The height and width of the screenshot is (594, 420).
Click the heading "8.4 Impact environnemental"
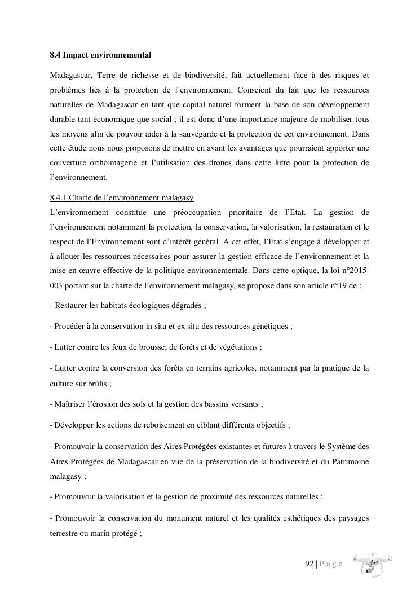tap(100, 55)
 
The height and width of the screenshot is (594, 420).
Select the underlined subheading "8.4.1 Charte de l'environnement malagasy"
tap(122, 197)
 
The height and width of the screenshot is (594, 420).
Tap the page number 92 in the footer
tap(309, 564)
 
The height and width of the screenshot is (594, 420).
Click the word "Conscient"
tap(256, 90)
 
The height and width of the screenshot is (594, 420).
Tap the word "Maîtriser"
tap(71, 404)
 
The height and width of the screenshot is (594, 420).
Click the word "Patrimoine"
tap(348, 461)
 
